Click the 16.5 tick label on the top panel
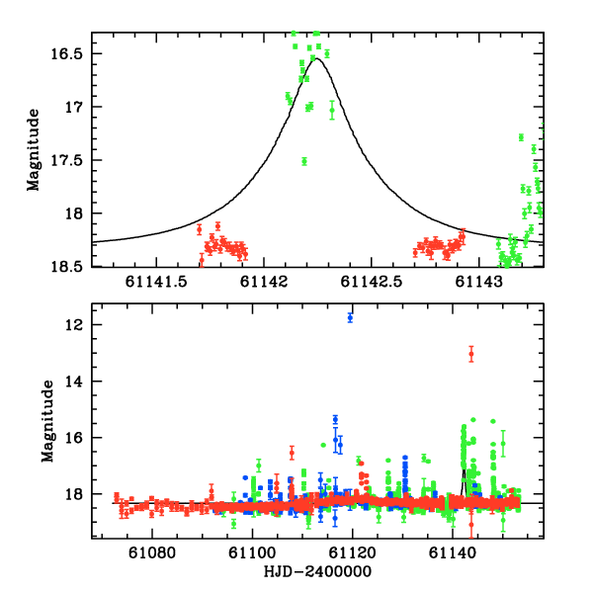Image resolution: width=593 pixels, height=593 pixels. pos(70,53)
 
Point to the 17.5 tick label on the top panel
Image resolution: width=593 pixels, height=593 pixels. pos(70,160)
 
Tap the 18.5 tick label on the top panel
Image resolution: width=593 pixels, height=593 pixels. pos(70,267)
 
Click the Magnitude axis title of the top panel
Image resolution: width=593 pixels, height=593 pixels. pos(34,149)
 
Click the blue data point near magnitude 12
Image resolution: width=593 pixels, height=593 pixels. pos(350,317)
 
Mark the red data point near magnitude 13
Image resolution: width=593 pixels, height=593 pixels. pos(471,353)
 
